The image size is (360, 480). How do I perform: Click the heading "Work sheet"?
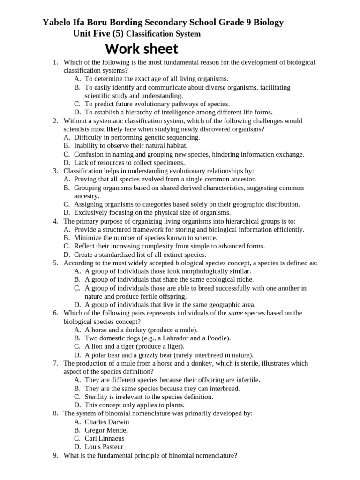point(142,49)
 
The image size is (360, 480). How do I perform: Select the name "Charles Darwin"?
point(107,421)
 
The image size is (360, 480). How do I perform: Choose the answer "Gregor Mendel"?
point(106,430)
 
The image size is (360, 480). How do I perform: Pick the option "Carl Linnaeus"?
point(105,438)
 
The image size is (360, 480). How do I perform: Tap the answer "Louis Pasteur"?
point(104,447)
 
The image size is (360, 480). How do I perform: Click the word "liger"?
point(172,346)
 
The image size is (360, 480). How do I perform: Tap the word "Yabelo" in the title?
point(59,22)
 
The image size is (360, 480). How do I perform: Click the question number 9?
point(55,455)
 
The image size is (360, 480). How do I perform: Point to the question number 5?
point(55,263)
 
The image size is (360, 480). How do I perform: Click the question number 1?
point(55,62)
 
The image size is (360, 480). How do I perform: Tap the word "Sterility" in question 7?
point(98,397)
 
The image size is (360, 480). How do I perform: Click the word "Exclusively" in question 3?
point(91,213)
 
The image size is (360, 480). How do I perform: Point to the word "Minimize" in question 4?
point(87,238)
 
